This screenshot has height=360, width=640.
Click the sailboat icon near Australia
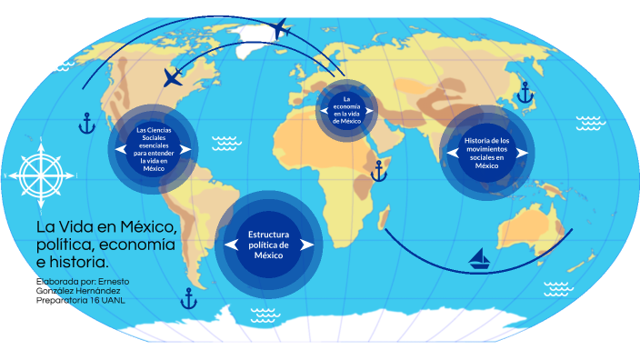(x=479, y=258)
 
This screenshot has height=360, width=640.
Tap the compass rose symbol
(x=41, y=175)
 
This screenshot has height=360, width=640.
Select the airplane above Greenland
(x=280, y=28)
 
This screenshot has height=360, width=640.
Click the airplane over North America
(x=173, y=77)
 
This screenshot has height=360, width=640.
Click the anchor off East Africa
(x=379, y=171)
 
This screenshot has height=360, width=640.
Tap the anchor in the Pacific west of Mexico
(x=86, y=124)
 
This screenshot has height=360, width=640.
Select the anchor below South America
(x=188, y=298)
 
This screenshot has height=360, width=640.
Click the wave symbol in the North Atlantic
(x=226, y=144)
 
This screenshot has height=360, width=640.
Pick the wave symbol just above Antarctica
(x=265, y=315)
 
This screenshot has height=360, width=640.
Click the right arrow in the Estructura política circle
(x=307, y=245)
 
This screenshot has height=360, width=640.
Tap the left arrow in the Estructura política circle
(x=232, y=245)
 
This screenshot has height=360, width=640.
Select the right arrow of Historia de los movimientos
(x=522, y=153)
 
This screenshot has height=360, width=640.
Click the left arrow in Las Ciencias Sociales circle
(x=121, y=149)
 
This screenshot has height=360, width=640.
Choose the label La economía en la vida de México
(x=346, y=110)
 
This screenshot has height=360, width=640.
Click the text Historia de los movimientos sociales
(x=486, y=149)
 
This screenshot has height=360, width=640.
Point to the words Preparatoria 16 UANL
(x=80, y=300)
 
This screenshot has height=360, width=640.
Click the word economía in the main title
(x=137, y=245)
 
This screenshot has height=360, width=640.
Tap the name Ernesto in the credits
(x=114, y=282)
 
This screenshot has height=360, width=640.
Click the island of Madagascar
(x=384, y=217)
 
